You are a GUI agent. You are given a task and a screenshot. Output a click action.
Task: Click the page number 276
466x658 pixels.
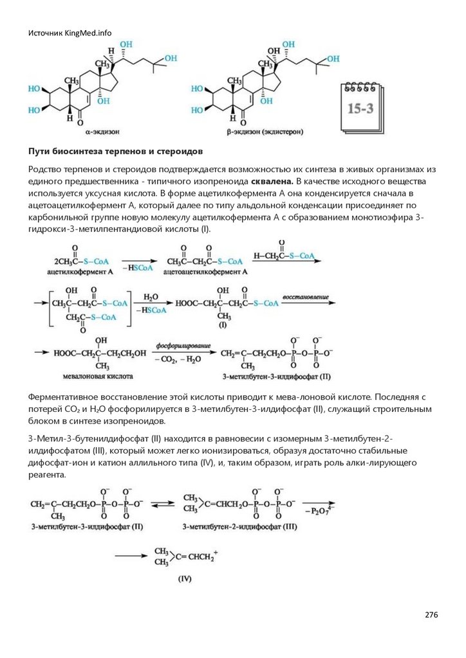(431, 615)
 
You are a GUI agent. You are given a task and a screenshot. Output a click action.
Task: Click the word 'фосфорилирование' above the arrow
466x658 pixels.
(178, 346)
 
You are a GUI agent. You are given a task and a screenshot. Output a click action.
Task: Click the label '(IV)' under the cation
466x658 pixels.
(185, 578)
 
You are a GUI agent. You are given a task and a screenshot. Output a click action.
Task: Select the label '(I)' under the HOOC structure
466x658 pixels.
(223, 325)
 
